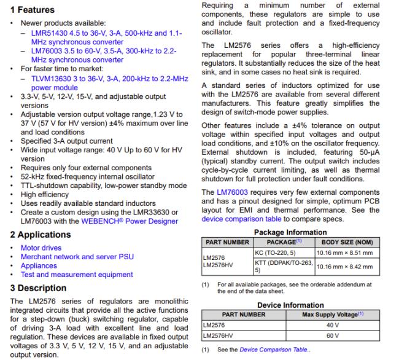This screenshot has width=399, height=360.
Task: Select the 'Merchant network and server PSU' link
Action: click(83, 257)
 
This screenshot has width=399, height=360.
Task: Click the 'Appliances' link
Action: click(39, 266)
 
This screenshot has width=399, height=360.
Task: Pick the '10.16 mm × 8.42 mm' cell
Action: click(344, 266)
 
